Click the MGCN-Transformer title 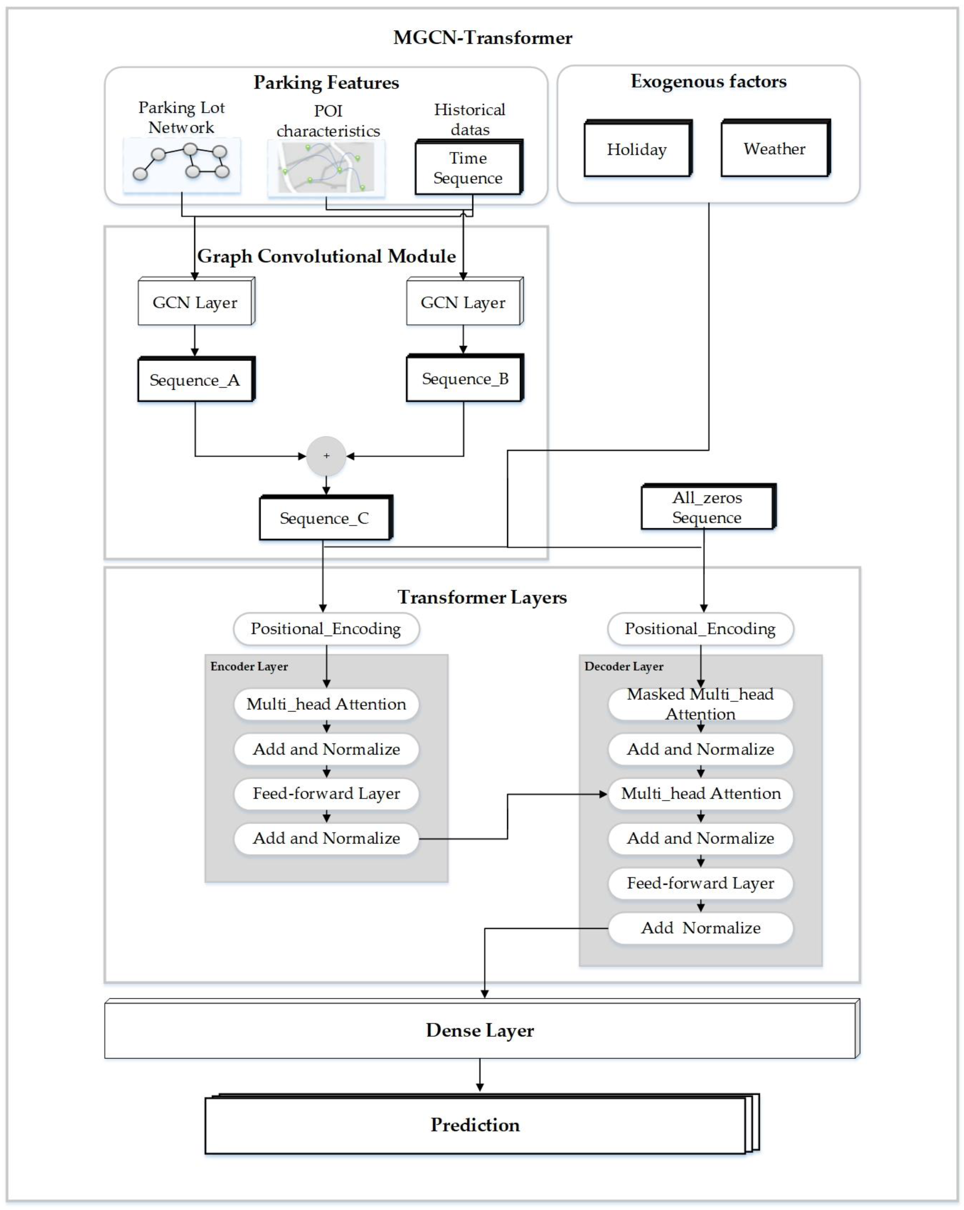pyautogui.click(x=482, y=38)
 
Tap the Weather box pyautogui.click(x=774, y=149)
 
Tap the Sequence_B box pyautogui.click(x=464, y=379)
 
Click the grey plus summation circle pyautogui.click(x=326, y=456)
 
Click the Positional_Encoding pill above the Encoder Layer pyautogui.click(x=326, y=629)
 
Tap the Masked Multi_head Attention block pyautogui.click(x=700, y=704)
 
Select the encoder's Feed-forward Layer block pyautogui.click(x=326, y=794)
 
